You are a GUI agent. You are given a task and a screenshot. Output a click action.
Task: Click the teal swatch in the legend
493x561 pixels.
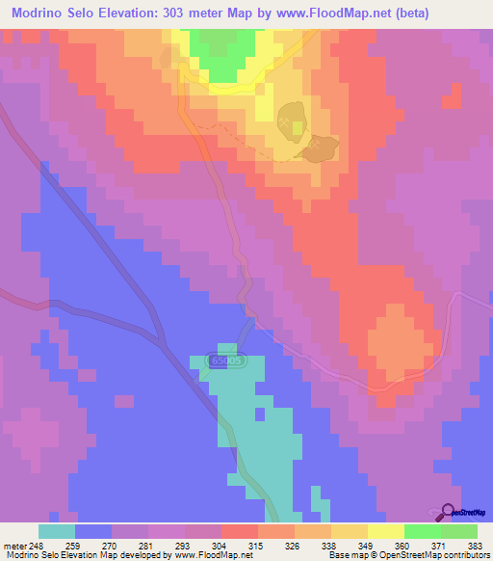point(56,531)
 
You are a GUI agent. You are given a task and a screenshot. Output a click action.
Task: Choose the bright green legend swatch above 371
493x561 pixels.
point(422,531)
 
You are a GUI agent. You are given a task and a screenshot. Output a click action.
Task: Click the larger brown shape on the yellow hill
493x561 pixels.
point(293,120)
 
